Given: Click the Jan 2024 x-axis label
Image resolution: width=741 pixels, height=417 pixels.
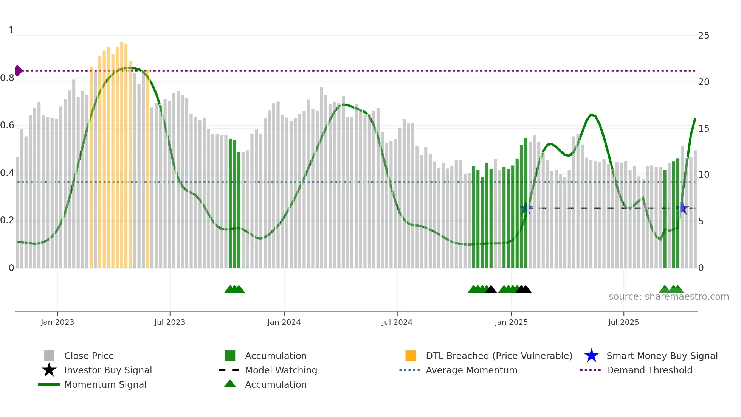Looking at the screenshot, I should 284,322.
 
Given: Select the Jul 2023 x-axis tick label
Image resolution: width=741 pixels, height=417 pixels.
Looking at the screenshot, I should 170,322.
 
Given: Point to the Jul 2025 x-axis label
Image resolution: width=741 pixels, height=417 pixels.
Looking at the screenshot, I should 623,322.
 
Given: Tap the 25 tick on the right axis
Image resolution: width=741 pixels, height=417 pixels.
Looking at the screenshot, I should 704,36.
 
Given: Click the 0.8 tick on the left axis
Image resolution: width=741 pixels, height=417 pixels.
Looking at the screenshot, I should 7,78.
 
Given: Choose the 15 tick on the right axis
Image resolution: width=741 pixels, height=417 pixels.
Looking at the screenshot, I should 704,129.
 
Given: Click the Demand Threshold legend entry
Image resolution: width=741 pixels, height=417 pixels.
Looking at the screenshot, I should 649,370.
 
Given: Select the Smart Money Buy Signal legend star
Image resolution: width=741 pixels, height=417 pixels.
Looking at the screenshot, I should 591,356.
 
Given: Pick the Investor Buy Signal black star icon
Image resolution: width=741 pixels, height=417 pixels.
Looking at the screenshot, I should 49,370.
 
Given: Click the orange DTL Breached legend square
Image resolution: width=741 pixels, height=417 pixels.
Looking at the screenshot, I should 411,356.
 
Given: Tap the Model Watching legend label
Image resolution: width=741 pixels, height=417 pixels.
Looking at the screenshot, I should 281,370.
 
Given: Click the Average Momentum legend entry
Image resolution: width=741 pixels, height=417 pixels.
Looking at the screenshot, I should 471,370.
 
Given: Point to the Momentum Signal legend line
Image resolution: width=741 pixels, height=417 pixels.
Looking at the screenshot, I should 49,384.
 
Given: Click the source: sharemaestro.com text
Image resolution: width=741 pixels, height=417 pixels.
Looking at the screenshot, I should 668,297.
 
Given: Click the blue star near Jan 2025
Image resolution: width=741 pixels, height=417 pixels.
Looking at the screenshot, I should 526,208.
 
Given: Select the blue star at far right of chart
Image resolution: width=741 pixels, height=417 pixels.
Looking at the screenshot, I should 682,208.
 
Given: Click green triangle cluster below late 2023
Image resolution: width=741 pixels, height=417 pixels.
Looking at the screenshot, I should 234,289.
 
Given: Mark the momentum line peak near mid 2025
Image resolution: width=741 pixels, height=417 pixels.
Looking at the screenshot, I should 591,114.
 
